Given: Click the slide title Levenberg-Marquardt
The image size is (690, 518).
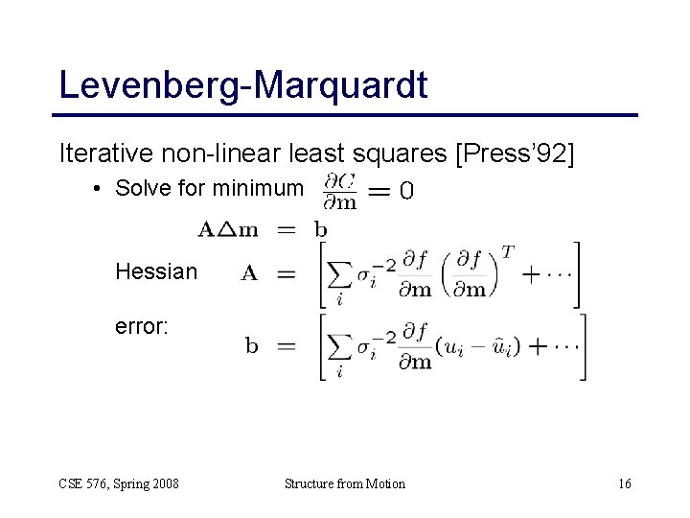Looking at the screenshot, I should pyautogui.click(x=242, y=84).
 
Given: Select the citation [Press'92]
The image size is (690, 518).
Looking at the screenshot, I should pyautogui.click(x=517, y=153).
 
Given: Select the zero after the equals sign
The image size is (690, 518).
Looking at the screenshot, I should pyautogui.click(x=407, y=192).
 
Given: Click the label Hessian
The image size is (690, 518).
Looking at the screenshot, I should pyautogui.click(x=156, y=272).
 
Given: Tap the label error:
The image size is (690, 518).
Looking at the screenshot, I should pyautogui.click(x=142, y=327).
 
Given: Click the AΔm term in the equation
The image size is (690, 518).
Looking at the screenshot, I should pyautogui.click(x=229, y=229).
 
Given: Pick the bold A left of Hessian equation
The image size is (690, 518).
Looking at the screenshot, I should pyautogui.click(x=248, y=273).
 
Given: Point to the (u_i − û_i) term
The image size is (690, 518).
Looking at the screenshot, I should pyautogui.click(x=477, y=346).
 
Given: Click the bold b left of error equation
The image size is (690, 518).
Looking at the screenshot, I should pyautogui.click(x=251, y=346).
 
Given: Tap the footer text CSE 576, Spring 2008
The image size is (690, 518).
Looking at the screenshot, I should pyautogui.click(x=118, y=483).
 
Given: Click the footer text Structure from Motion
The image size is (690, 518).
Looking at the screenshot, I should pyautogui.click(x=345, y=483).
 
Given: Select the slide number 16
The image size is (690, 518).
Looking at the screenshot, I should pyautogui.click(x=625, y=483).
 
